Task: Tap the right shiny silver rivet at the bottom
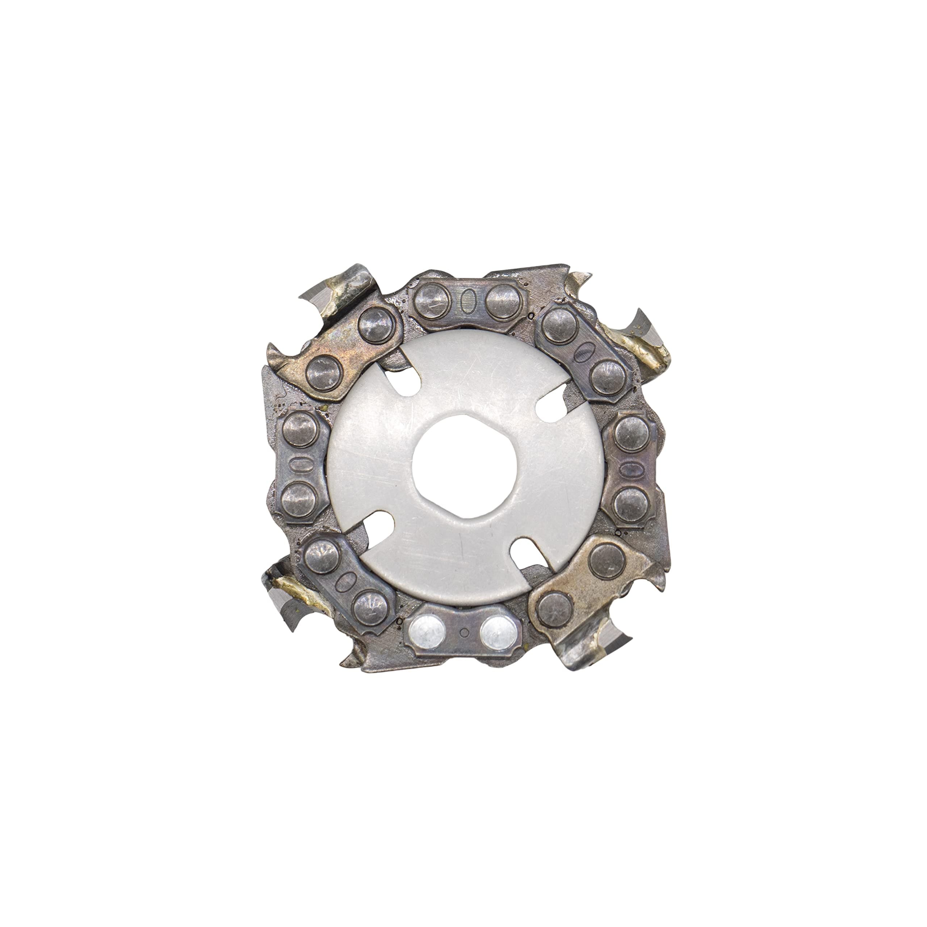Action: pos(498,633)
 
